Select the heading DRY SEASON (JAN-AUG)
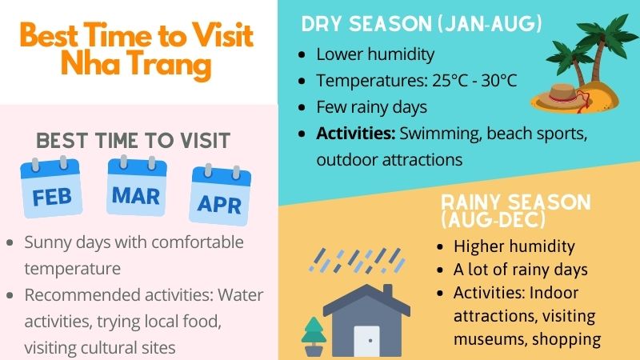pos(422,25)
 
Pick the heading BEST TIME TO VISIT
pos(134,141)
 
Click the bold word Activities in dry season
pos(354,133)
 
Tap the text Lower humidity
pos(375,54)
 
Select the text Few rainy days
pos(371,106)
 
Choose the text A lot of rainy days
pos(521,270)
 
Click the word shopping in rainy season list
pos(566,338)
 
